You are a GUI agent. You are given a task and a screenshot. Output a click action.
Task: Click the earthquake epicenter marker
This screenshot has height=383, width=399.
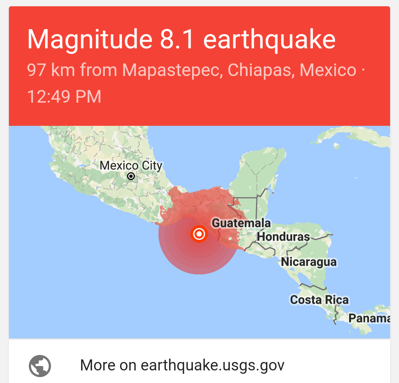point(199,234)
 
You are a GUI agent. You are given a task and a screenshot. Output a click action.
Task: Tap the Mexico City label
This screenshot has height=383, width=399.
point(131,166)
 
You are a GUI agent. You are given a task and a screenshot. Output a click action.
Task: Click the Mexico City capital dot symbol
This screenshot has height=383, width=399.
point(131,176)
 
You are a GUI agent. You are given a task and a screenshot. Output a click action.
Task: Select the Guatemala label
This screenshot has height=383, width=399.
point(241,223)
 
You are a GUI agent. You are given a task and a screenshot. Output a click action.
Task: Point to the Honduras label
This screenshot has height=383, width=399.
point(283,237)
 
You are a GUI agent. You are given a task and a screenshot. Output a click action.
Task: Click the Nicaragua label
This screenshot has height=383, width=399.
point(309,262)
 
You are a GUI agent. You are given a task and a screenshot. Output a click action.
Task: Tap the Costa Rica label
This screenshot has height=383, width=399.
point(319,300)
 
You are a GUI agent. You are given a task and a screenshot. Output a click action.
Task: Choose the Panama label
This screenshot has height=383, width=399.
point(369,318)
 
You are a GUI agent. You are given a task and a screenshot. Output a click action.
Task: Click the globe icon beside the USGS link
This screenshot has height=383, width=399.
point(40,366)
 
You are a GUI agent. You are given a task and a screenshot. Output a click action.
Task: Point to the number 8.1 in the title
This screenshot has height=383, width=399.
point(177,39)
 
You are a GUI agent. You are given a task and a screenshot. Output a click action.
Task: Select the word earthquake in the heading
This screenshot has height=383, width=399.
point(269,39)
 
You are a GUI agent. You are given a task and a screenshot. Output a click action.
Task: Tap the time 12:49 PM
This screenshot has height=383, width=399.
point(64,97)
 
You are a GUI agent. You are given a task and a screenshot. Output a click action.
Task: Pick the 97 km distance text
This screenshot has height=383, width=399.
point(50,70)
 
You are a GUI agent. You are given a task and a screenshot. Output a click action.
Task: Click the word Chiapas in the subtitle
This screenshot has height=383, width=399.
point(260,70)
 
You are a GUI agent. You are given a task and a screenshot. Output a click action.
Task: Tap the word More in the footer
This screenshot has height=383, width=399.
point(97,365)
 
